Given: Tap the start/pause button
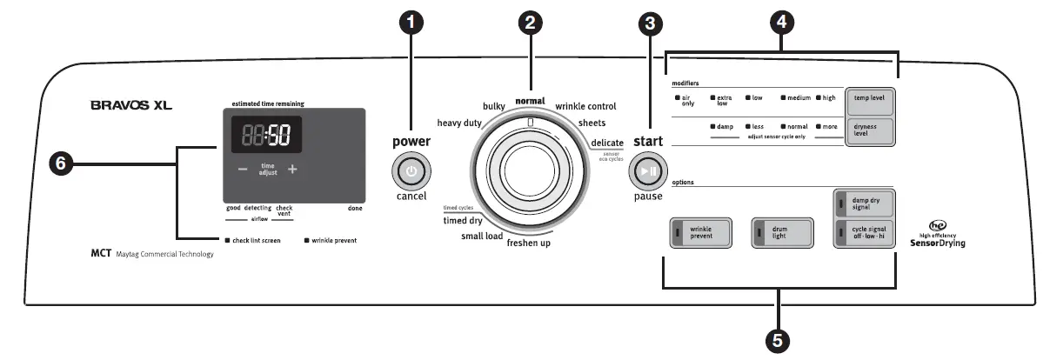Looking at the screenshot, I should [x=646, y=171].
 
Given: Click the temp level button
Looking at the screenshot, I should [x=868, y=99].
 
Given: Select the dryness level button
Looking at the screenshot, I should [x=868, y=130].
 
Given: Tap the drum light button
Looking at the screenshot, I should [x=782, y=233].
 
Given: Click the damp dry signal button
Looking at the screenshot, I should [x=864, y=205].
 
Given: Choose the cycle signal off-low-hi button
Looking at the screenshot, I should [x=864, y=234].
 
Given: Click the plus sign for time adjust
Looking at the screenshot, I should [x=292, y=170].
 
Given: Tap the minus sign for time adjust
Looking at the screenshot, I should [x=243, y=170].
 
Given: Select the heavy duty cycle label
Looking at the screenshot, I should [x=460, y=123].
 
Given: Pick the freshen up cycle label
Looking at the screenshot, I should [x=529, y=243].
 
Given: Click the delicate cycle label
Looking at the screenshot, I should [x=607, y=143].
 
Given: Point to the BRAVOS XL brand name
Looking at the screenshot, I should [x=131, y=106].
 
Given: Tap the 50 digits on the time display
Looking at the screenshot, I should [x=278, y=136].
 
